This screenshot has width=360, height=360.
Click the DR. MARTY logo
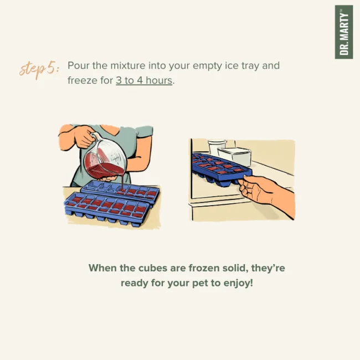coord(344,32)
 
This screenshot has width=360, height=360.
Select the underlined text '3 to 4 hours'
coord(144,81)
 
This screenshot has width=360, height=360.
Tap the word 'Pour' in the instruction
coord(78,66)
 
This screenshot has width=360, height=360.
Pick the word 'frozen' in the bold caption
coord(204,268)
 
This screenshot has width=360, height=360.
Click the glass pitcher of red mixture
coord(105,159)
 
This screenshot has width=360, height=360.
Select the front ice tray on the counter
coord(107,208)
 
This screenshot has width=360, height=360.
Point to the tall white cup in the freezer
coord(217,147)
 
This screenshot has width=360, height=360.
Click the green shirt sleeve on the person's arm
coord(144,131)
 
